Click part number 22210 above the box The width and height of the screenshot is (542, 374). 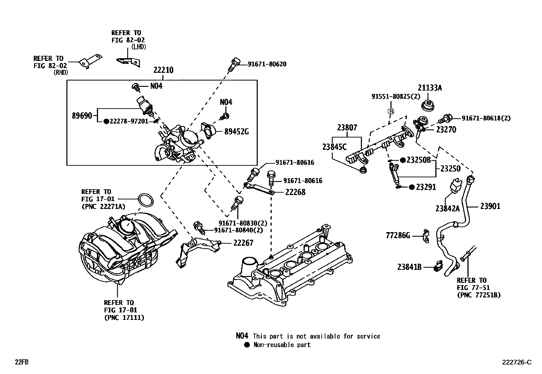coord(163,70)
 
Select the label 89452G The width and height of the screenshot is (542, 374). coord(236,131)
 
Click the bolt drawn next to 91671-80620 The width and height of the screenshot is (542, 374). coord(235,64)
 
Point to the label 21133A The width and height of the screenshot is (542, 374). coord(430,88)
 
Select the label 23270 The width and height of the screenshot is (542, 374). coord(446,130)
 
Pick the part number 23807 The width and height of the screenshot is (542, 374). coord(347,128)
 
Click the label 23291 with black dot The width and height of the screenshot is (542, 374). coord(426,187)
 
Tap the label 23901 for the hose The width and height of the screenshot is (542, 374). coord(490,206)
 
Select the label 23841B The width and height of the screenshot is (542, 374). coord(409,267)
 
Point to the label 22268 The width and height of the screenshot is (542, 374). coord(295,192)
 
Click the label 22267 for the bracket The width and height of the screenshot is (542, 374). coord(243,243)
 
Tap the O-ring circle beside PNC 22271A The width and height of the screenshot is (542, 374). coord(145,200)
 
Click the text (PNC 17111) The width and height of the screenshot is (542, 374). coord(124,318)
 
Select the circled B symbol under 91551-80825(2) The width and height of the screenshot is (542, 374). coord(391,111)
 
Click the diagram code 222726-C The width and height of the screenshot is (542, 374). coord(516,362)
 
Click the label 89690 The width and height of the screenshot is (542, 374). coord(82,116)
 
